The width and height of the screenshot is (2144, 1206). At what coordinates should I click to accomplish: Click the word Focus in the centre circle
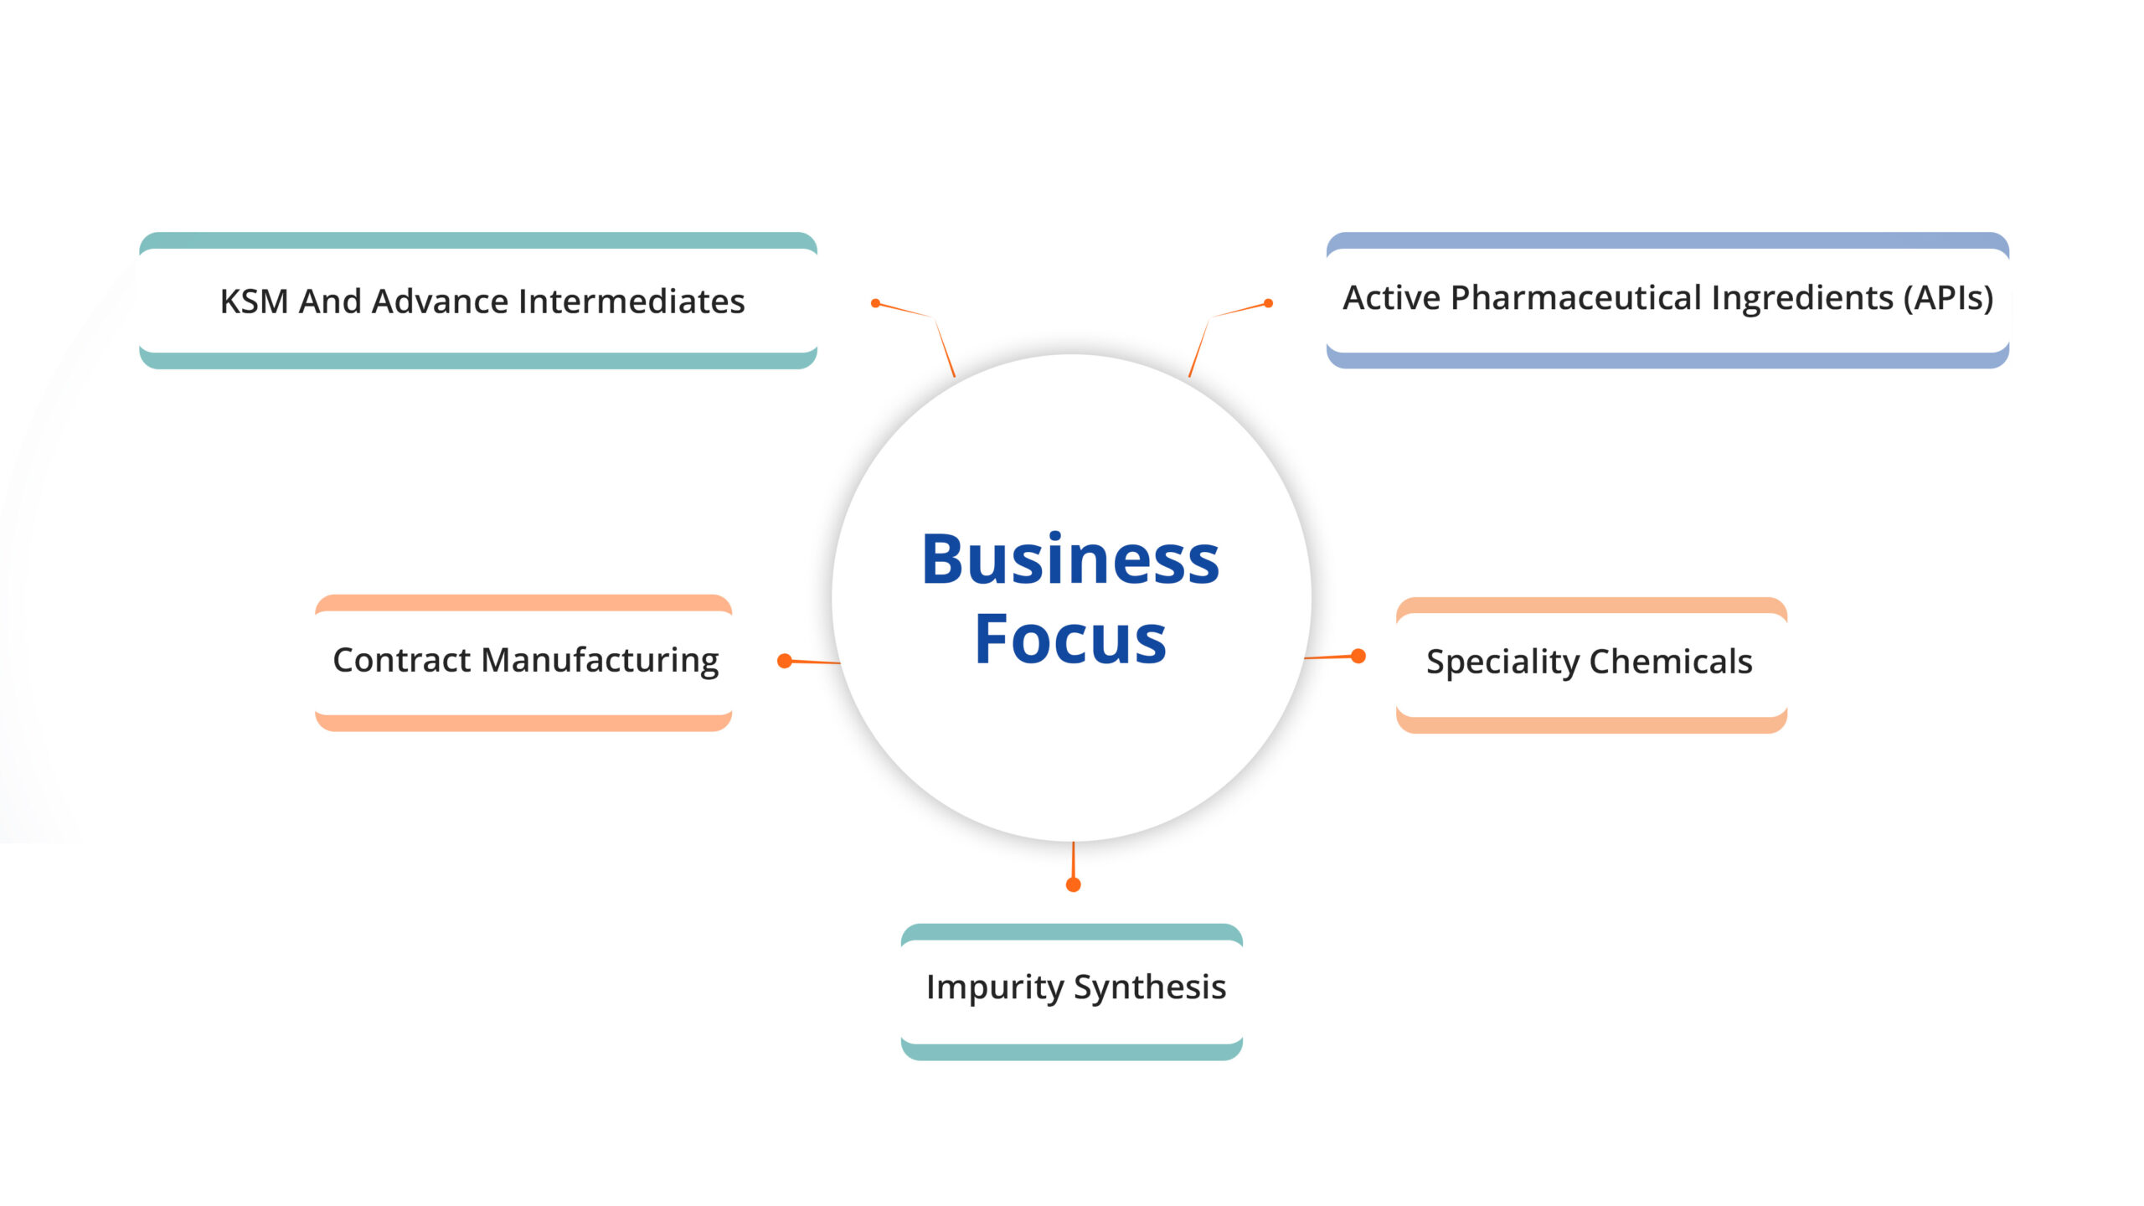1070,639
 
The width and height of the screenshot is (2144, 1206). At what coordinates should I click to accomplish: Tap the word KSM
253,301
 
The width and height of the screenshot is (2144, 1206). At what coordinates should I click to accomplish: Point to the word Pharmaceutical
1575,298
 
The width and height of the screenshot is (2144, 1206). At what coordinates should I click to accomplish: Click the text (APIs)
1948,298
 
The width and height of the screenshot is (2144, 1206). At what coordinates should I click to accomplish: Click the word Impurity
994,987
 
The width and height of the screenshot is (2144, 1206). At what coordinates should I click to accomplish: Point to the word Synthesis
1150,987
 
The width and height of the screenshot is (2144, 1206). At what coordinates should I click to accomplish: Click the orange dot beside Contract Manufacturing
785,661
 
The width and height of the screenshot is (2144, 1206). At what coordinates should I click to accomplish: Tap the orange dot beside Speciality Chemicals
1358,656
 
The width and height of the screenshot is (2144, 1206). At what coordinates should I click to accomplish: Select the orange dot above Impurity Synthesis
1073,884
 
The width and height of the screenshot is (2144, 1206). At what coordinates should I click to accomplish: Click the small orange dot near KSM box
875,303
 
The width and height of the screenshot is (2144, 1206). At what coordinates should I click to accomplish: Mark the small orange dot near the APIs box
1268,303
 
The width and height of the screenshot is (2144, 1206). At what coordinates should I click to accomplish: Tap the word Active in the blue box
1391,298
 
